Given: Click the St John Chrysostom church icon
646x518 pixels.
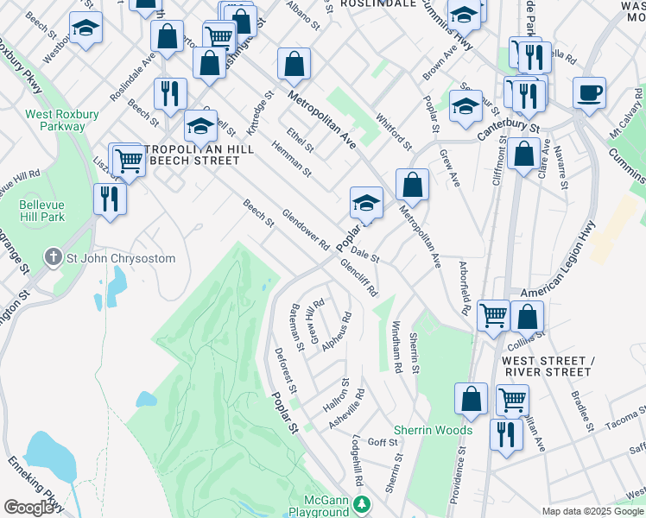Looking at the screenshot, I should (54, 258).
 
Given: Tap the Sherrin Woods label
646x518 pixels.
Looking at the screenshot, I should (433, 430).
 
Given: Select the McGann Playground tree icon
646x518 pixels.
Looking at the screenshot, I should (364, 502).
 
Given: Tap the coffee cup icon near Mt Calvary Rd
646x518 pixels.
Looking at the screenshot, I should (589, 93).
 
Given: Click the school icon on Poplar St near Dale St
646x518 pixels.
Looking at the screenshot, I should (366, 204).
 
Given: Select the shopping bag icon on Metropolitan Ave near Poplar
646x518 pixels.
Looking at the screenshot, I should (413, 184).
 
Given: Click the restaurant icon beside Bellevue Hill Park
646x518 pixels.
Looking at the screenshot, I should (111, 199).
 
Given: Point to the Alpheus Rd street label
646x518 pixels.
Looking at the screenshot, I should (337, 332).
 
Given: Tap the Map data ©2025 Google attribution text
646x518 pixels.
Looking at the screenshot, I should (592, 511).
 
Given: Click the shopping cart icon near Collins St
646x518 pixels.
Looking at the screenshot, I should (493, 315).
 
